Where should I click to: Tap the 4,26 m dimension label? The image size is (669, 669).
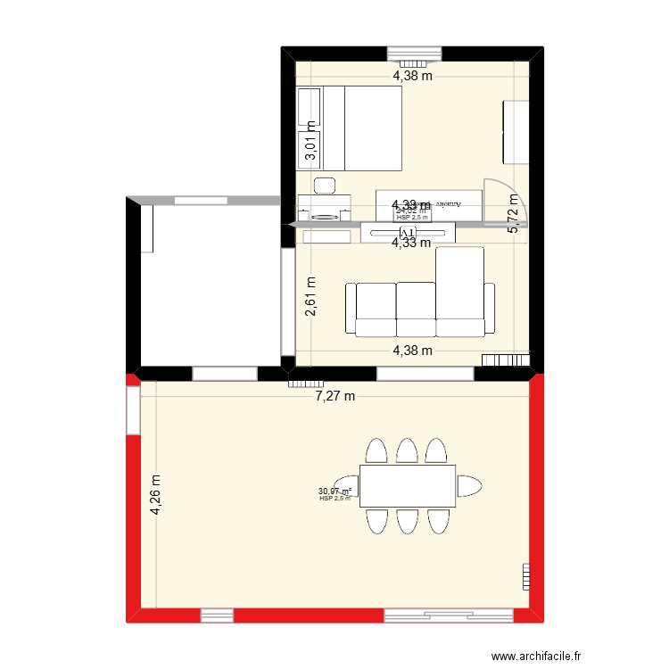[x=157, y=496]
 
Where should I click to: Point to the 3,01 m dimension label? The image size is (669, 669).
[x=310, y=141]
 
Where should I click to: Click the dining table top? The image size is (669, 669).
[x=408, y=486]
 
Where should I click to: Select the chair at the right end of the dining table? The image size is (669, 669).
[x=469, y=486]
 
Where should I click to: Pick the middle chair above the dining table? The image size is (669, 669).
[x=408, y=450]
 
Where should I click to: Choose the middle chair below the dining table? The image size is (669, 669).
[x=408, y=521]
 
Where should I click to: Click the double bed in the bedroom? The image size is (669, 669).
[x=361, y=128]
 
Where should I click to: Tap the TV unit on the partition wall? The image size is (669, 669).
[x=408, y=233]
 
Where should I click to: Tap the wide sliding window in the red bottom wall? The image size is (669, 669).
[x=448, y=615]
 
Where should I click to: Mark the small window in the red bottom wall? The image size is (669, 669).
[x=217, y=615]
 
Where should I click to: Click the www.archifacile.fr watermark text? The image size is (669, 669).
[x=541, y=656]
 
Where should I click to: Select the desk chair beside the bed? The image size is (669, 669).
[x=325, y=186]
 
